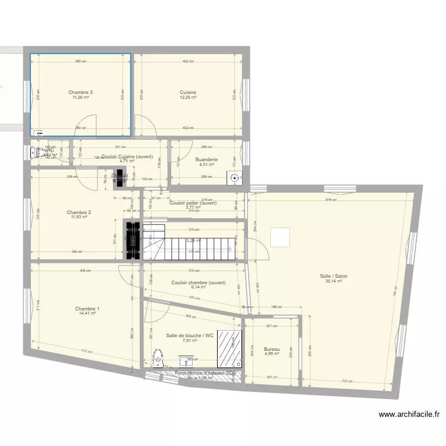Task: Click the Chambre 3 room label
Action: coord(80,92)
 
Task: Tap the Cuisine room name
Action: coord(188,92)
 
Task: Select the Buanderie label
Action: coord(206,159)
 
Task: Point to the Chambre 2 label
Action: coord(78,212)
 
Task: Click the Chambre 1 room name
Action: coord(87,309)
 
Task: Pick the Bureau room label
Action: coord(272,349)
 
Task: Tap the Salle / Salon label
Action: coord(334,276)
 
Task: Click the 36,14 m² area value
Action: coord(334,281)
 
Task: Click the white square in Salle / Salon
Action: coord(280,237)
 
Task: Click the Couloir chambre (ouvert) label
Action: coord(199,282)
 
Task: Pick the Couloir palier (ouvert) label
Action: coord(193,203)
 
